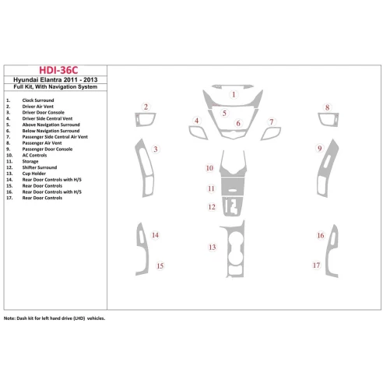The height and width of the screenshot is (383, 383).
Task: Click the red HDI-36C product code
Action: tap(58, 70)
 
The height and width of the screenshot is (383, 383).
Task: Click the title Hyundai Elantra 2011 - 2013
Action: tap(55, 79)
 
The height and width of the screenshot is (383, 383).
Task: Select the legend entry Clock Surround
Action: tap(38, 100)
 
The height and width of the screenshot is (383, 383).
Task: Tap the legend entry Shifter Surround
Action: tap(40, 167)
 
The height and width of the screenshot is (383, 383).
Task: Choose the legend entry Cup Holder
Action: tap(34, 174)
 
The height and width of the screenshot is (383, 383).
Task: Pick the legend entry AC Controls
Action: tap(34, 155)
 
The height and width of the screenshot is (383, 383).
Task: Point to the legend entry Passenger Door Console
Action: tap(47, 149)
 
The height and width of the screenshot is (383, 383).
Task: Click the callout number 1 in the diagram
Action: tap(234, 94)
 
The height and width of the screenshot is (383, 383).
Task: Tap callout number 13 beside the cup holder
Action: tap(213, 248)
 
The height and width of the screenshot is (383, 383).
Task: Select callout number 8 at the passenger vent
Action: tap(327, 107)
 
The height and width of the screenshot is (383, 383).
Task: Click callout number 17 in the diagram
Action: tap(316, 265)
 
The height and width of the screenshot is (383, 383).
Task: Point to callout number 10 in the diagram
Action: tap(209, 168)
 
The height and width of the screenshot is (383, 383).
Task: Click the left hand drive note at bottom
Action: tap(54, 318)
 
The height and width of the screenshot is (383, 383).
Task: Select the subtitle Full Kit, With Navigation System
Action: tap(55, 87)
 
